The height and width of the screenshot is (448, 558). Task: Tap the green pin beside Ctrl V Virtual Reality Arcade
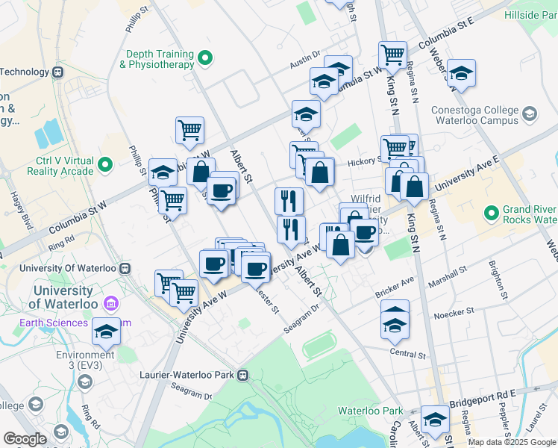105,165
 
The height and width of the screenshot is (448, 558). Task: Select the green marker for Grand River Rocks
491,214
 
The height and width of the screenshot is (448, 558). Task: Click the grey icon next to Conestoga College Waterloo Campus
530,114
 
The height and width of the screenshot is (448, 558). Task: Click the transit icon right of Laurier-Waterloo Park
242,376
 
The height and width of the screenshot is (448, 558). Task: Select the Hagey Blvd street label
16,208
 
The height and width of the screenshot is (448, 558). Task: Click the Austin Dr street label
305,65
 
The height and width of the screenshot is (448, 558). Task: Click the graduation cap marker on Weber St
461,73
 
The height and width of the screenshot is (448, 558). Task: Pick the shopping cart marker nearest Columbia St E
392,54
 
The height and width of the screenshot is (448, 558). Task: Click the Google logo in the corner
25,439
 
